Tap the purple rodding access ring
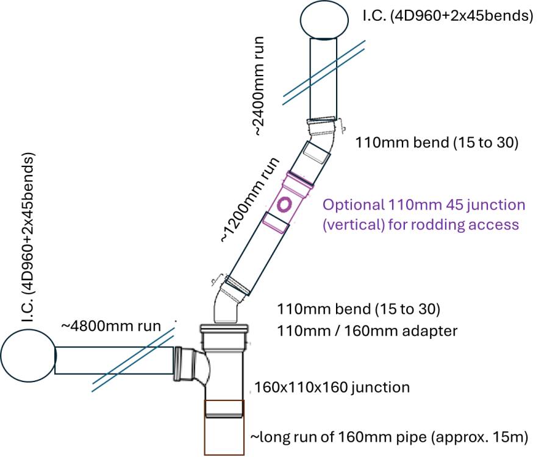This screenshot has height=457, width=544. [284, 205]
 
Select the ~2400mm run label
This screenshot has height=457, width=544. [259, 86]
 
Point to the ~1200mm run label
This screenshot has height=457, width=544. [250, 199]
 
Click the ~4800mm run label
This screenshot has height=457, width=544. [111, 326]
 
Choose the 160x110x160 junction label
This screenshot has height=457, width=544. [332, 388]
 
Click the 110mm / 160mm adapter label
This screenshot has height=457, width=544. [367, 331]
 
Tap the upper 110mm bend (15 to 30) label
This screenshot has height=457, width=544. [437, 143]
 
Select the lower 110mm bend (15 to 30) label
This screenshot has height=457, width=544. [359, 309]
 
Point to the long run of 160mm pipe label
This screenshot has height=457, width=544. [389, 437]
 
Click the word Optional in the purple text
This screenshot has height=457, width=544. [354, 205]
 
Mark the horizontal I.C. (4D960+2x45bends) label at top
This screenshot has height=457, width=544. [448, 16]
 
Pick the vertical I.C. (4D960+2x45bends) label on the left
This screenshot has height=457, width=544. [29, 237]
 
